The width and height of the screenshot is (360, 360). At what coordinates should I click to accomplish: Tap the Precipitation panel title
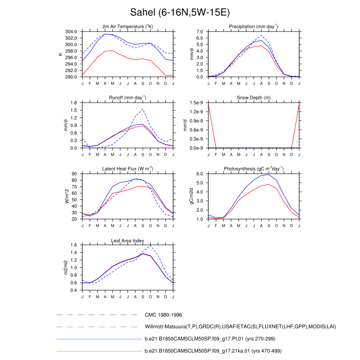[253, 27]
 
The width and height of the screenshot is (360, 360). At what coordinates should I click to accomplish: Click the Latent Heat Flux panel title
[127, 169]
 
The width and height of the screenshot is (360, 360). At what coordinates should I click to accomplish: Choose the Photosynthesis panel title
[253, 169]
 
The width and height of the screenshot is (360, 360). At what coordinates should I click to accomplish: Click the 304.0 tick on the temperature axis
[72, 32]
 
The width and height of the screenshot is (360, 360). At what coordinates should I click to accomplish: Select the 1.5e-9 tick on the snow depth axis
[198, 103]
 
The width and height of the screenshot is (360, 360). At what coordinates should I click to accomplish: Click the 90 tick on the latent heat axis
[75, 174]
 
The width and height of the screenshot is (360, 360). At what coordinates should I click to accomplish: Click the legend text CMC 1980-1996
[162, 315]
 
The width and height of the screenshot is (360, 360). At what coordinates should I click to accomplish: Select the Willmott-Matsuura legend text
[240, 327]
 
